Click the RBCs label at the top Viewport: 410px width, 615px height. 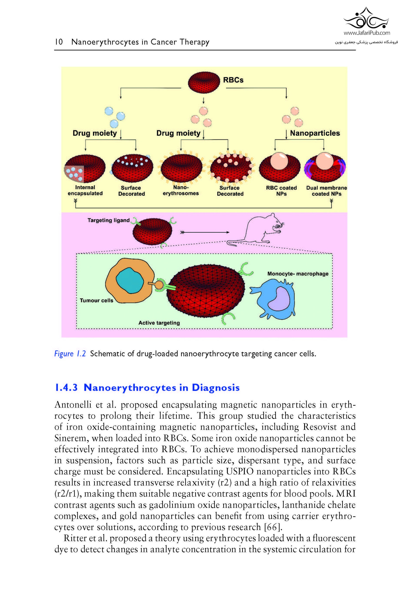(233, 80)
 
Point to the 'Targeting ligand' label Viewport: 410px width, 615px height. (108, 220)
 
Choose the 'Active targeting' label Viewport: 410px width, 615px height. (159, 323)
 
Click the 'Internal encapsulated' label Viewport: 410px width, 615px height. (85, 190)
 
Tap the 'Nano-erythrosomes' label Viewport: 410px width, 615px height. (181, 190)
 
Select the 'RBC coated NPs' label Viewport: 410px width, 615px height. (281, 191)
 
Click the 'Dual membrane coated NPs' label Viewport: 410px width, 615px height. (327, 191)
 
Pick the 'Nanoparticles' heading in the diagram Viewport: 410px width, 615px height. (315, 133)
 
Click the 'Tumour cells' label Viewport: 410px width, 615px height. (97, 300)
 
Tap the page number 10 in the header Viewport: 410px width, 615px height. (59, 42)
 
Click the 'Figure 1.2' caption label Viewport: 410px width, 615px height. (70, 354)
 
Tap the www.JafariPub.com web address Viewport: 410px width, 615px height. (366, 33)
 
